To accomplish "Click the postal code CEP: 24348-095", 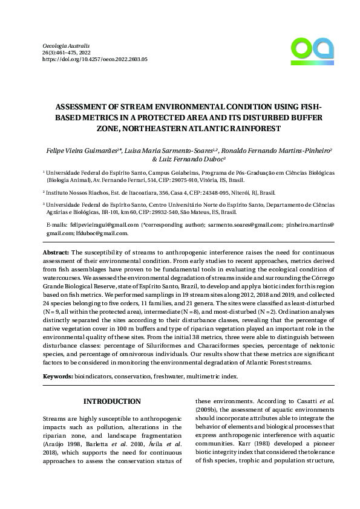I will (190, 192).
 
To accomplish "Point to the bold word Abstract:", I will (56, 251).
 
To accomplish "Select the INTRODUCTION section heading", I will (112, 401).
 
